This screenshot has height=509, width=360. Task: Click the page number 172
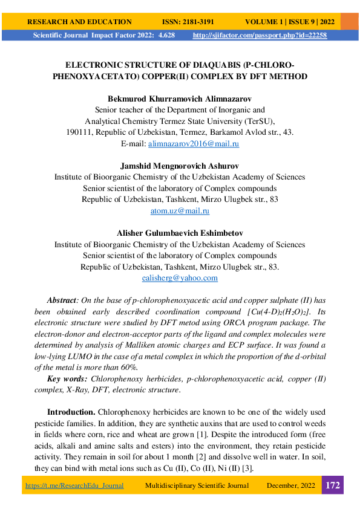[x=333, y=485]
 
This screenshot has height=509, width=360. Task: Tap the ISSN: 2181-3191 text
[x=188, y=21]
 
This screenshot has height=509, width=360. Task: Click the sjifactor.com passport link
[x=260, y=36]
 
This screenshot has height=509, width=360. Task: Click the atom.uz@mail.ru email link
[x=180, y=211]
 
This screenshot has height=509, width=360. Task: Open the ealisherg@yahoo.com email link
[x=180, y=278]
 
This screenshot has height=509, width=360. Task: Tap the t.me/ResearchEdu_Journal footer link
[x=74, y=485]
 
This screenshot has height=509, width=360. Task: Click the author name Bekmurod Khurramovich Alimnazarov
[x=180, y=99]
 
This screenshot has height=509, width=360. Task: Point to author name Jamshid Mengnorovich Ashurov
[x=180, y=166]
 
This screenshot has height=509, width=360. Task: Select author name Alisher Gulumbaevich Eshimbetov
[x=180, y=233]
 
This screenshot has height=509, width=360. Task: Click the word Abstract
[x=62, y=300]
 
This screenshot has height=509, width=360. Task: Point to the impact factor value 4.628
[x=166, y=36]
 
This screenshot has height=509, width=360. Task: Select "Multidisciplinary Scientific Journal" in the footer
[x=197, y=485]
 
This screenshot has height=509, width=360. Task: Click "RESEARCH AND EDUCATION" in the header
[x=79, y=21]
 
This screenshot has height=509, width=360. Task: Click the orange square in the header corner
[x=349, y=21]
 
